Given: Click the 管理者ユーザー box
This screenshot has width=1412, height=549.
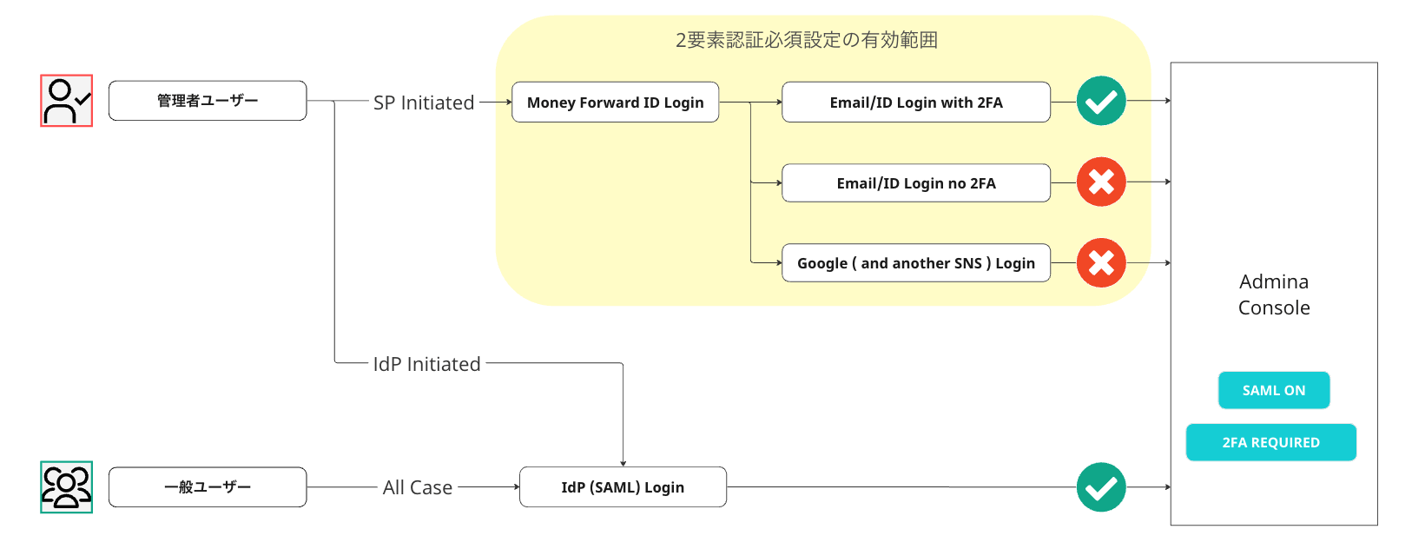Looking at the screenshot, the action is (x=208, y=100).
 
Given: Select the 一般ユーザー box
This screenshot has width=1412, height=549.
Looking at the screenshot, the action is (x=208, y=486).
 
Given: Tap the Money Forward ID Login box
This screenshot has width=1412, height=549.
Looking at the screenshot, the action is (x=615, y=103).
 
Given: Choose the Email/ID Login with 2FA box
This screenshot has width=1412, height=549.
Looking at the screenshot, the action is (x=916, y=103).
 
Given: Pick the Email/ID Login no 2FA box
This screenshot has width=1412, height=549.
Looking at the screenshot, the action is (x=916, y=182).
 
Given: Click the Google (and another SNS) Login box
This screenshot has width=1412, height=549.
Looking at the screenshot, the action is (x=916, y=263).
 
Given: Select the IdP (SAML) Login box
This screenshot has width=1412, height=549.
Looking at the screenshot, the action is (x=623, y=486).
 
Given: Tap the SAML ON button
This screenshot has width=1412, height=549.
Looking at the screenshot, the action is (x=1274, y=390).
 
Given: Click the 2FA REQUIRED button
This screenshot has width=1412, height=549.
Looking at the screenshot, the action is (x=1270, y=442).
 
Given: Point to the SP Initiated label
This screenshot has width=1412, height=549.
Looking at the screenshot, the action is (x=424, y=103).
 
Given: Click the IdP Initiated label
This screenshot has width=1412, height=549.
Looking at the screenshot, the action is (x=426, y=364).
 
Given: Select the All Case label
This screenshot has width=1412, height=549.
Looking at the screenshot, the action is (x=418, y=487).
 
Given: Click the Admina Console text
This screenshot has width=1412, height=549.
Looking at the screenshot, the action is (x=1274, y=294).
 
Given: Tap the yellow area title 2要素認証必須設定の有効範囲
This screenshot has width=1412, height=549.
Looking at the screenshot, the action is (x=806, y=40).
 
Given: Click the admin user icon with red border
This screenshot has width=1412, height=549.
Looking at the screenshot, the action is (x=67, y=101).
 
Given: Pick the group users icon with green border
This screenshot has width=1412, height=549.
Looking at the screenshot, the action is (x=67, y=487).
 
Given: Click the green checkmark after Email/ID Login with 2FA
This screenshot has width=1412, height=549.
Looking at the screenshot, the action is (x=1101, y=101).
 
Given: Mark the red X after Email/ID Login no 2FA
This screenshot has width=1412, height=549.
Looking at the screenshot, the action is (x=1101, y=182).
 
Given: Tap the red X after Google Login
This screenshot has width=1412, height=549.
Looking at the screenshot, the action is (x=1101, y=263).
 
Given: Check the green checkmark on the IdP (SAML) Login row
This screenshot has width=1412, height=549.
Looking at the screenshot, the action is (x=1101, y=487).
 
